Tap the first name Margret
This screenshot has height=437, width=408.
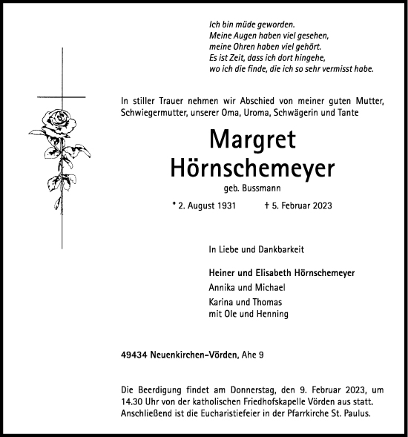click(251, 139)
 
